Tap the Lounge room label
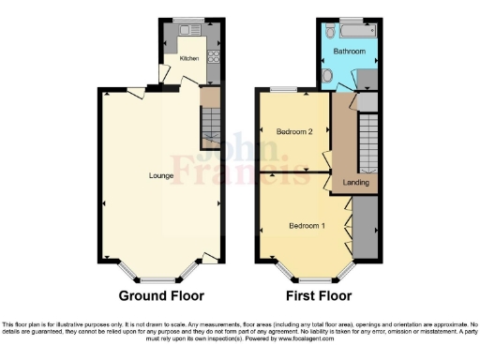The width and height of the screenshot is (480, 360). click(160, 175)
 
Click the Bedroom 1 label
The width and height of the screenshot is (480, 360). click(307, 226)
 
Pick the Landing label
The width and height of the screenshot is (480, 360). click(356, 183)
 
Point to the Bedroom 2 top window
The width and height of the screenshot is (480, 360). click(280, 88)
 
